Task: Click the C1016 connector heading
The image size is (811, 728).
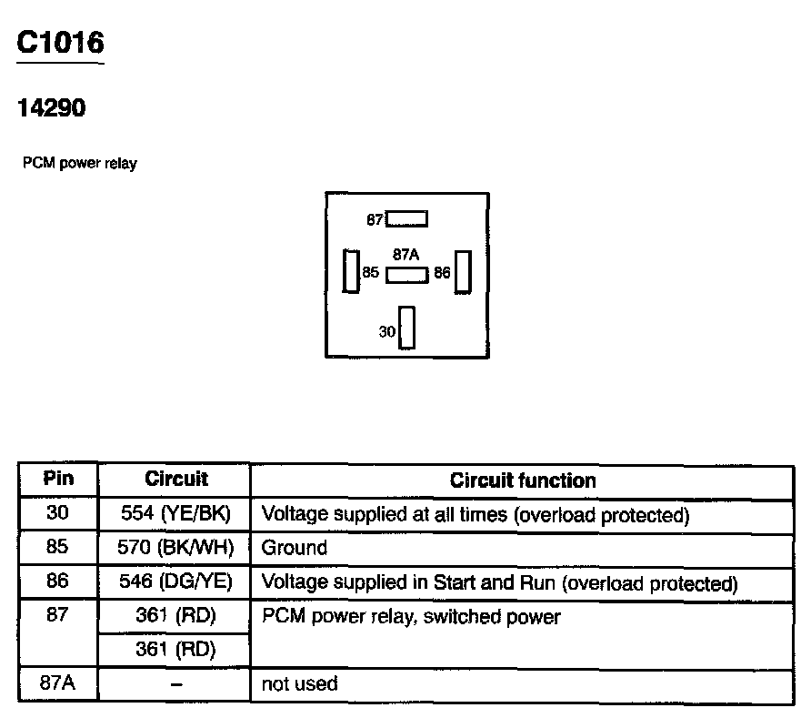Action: point(61,43)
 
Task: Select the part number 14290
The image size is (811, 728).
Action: point(52,108)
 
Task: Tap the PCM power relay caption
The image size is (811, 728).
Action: point(80,164)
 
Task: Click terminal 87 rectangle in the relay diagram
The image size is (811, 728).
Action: point(406,219)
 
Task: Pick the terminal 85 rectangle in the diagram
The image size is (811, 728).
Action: point(350,271)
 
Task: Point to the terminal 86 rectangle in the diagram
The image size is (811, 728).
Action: point(463,271)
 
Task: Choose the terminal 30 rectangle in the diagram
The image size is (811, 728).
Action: point(406,328)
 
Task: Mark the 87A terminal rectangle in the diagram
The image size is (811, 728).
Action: point(406,275)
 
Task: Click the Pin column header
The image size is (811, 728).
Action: point(58,479)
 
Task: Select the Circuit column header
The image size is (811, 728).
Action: point(175,479)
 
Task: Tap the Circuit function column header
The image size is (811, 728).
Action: point(523,480)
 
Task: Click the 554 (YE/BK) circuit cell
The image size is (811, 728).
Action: point(175,514)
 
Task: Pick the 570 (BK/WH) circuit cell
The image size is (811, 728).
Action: point(175,548)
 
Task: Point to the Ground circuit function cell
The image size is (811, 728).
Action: point(294,548)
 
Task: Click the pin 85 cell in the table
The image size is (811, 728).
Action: point(58,548)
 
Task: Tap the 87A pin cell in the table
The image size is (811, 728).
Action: point(58,683)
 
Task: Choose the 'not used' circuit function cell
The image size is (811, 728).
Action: point(299,683)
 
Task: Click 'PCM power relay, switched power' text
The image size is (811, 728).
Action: point(411,617)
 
